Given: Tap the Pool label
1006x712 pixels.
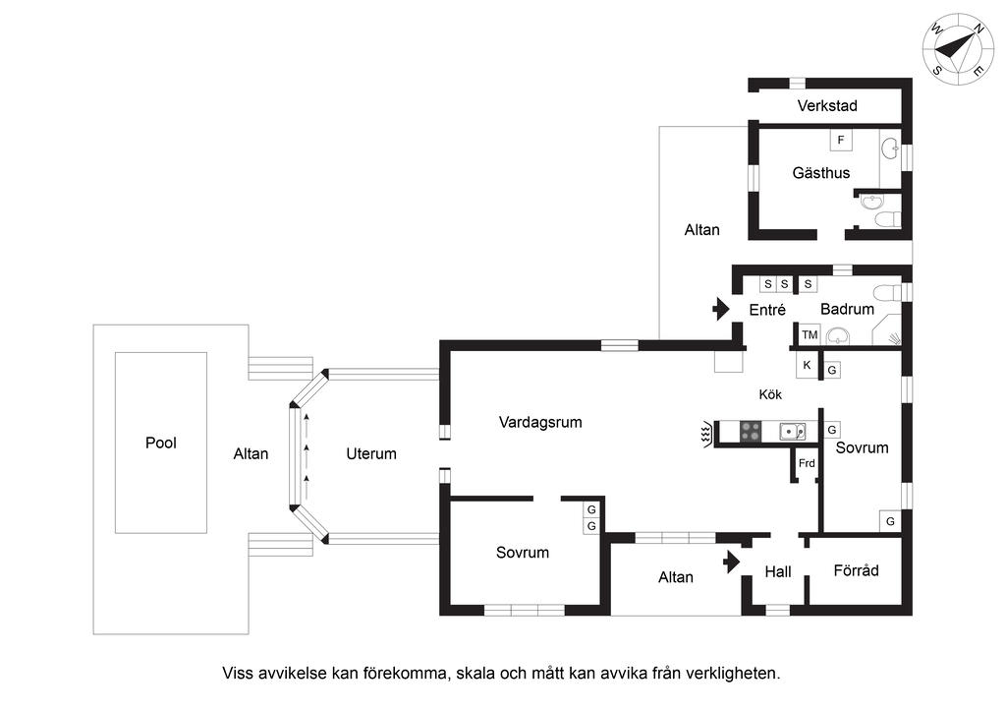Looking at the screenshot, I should pos(161,443).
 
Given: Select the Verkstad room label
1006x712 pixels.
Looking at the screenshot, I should pos(827,105).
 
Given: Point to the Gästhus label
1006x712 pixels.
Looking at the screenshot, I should pos(821,173).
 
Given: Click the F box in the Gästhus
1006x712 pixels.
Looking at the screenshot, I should pos(840,141).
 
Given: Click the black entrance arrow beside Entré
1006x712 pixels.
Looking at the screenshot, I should pos(721,309).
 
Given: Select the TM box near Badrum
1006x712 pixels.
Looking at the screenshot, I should pos(810,335).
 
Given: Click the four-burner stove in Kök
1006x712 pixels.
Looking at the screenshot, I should pos(751,431).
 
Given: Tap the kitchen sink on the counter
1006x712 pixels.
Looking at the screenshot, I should pos(791,431).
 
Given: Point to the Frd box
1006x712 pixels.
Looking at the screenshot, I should pos(807,463).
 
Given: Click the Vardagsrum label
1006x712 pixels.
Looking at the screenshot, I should pos(540,423).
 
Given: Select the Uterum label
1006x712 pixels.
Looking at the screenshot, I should pos(371,453).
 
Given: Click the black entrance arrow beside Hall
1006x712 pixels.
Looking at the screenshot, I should pos(730,562).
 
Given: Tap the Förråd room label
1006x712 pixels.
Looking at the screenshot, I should pos(856,570).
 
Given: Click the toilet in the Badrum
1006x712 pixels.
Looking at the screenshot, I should pos(887,291).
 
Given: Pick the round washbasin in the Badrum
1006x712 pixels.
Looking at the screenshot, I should pos(838,335).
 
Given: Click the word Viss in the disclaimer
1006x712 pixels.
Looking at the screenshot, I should pos(238,674).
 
